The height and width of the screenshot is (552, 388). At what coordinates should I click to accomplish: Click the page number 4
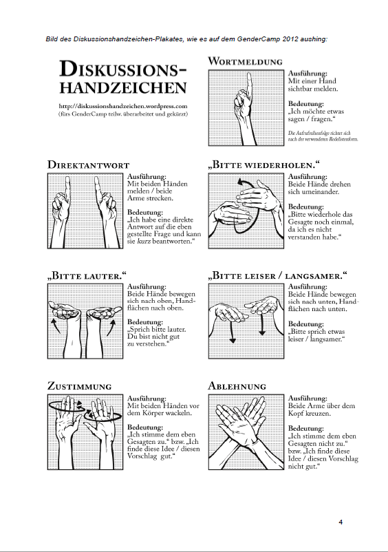[341, 522]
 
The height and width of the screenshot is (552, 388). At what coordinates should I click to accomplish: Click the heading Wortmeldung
[245, 61]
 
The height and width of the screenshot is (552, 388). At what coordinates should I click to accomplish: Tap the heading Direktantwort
[88, 164]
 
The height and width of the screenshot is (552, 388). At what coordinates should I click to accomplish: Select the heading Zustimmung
[80, 386]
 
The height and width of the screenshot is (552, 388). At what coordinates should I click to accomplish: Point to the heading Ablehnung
[237, 386]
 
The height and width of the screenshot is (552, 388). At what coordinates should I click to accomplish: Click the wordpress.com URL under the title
[123, 106]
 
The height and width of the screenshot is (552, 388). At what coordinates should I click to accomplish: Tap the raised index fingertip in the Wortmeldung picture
[249, 74]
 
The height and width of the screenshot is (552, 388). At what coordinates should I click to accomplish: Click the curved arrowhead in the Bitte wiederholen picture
[240, 182]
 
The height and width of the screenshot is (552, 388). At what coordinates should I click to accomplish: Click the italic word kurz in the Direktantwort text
[142, 242]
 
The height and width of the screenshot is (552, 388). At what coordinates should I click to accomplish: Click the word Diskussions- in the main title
[123, 69]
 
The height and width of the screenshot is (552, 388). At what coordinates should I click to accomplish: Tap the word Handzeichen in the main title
[123, 88]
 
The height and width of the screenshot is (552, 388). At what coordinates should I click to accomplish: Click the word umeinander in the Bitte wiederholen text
[318, 192]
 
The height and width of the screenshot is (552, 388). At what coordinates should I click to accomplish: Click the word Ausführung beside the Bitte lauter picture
[146, 287]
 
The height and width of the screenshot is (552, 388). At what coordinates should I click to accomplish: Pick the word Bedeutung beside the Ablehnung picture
[305, 428]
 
